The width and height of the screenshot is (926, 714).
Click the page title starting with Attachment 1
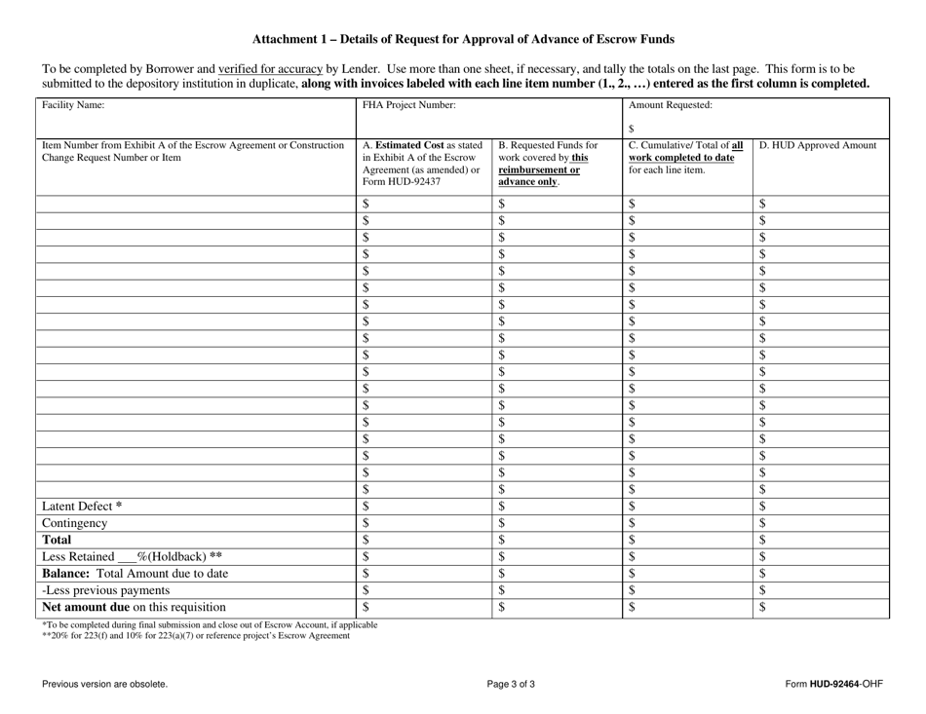tap(463, 40)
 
